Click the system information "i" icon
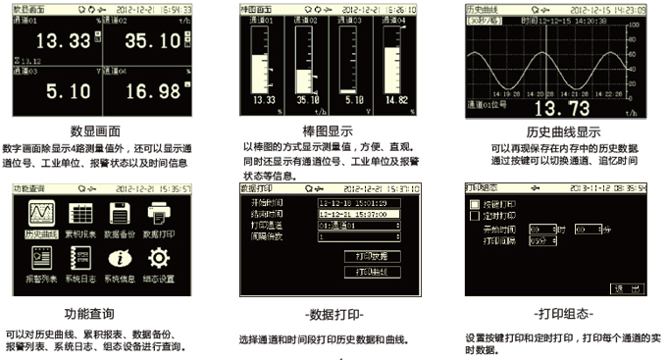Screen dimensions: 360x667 (120, 260)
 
